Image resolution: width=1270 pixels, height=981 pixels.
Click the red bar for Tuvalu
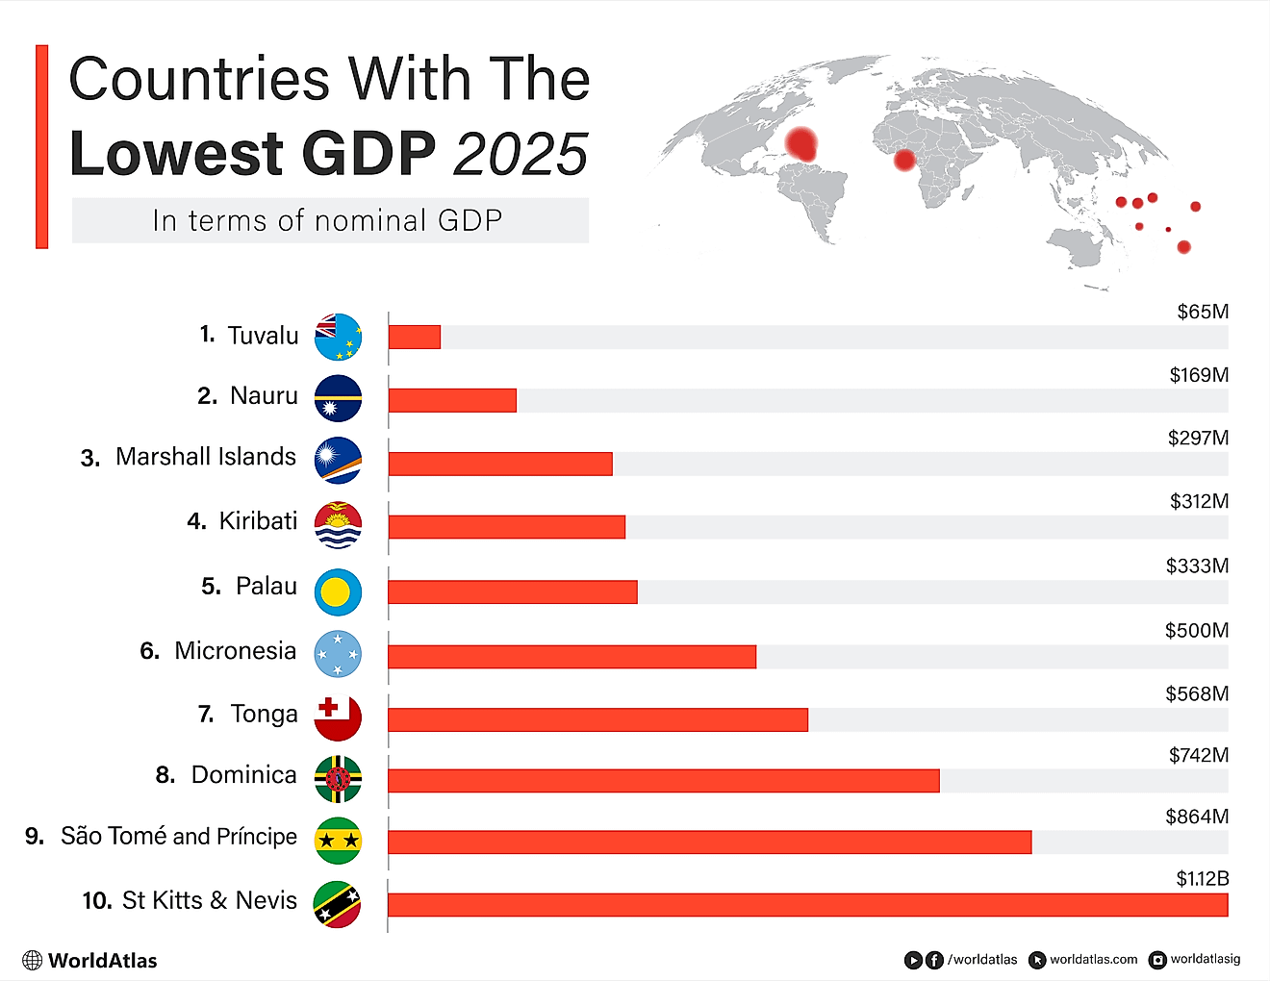point(415,337)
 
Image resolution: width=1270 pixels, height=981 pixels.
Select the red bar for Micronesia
point(571,657)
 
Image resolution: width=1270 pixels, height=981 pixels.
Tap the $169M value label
point(1199,375)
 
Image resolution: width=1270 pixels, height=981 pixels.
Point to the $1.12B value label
point(1202,878)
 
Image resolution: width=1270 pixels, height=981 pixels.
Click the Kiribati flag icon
point(338,525)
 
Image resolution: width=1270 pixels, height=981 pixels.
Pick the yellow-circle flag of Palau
point(338,591)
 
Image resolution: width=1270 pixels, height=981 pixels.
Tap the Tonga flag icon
point(338,717)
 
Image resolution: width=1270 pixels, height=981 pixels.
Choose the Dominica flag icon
point(338,778)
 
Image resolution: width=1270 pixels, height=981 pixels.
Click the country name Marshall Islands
point(206,457)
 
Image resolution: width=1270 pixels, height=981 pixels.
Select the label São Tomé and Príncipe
point(179,837)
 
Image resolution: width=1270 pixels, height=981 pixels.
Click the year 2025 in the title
point(521,155)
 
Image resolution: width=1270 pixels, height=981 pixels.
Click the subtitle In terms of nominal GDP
point(328,220)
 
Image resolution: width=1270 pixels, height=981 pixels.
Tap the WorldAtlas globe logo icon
point(33,960)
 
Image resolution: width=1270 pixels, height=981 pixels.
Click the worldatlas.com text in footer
point(1093,960)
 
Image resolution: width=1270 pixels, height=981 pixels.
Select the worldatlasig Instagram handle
point(1205,959)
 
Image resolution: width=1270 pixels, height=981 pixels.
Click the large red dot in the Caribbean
point(800,144)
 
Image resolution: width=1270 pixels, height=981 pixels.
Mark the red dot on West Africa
point(904,160)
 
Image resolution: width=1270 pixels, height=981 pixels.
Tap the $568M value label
point(1197,693)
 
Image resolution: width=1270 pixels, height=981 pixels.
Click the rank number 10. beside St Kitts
point(97,901)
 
